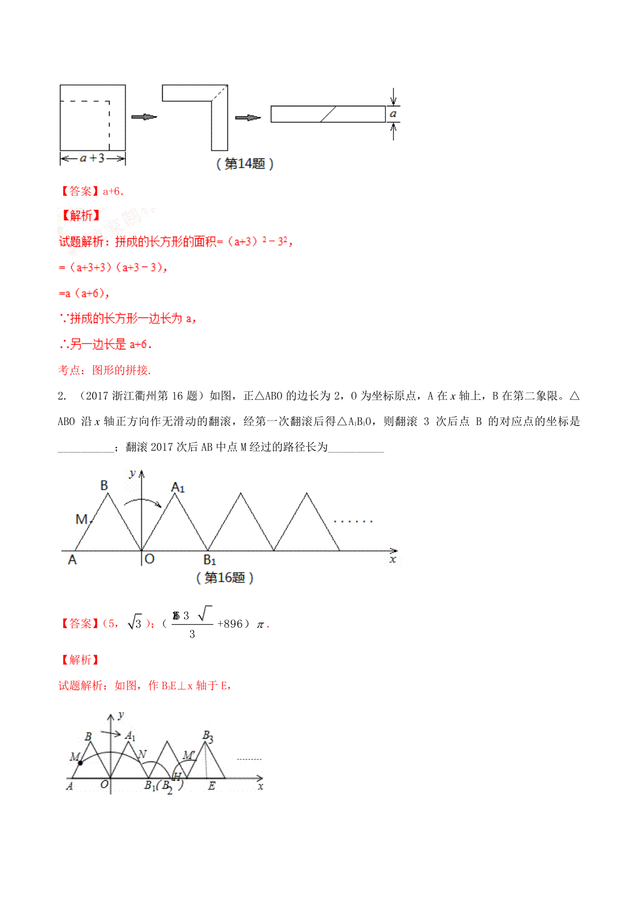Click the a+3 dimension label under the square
pos(93,158)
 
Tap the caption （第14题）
pos(245,164)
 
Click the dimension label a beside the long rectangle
pos(393,114)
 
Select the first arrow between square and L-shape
pos(144,117)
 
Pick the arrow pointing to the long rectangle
pos(248,118)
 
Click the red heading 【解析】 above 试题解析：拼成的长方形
pos(80,215)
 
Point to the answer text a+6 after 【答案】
pos(113,191)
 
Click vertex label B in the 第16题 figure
pos(104,485)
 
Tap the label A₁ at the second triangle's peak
pos(178,487)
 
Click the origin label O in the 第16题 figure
pos(149,559)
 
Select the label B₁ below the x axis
pos(209,560)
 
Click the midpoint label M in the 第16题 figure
pos(81,519)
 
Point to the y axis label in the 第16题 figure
pos(132,473)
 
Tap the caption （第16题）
pos(225,578)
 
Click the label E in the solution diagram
pos(212,786)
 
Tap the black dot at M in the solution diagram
pos(80,763)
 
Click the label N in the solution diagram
pos(142,754)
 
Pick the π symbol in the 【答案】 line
pos(261,624)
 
